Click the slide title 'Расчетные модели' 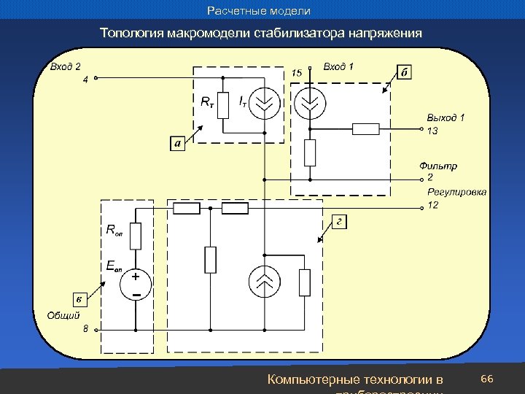[x=259, y=11]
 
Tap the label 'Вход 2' [x=65, y=67]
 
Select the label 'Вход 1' [x=338, y=67]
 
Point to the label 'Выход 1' [x=446, y=117]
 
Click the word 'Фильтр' [x=438, y=166]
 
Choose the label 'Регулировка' [x=457, y=192]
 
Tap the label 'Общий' [x=63, y=315]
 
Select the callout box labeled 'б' [x=405, y=72]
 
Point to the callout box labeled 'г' [x=339, y=221]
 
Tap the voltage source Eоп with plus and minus [x=136, y=285]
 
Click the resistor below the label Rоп [x=135, y=236]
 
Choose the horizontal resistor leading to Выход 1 [x=365, y=129]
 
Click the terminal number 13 [x=432, y=131]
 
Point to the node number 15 [x=297, y=73]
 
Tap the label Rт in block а [x=208, y=103]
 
